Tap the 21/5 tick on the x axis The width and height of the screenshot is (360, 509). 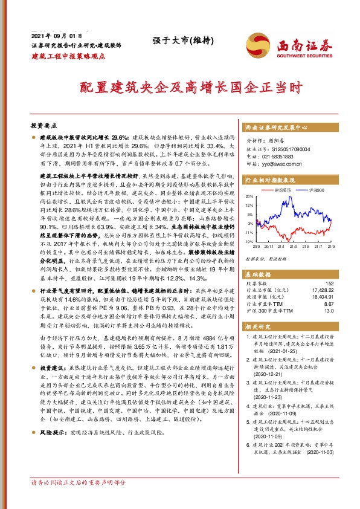point(306,246)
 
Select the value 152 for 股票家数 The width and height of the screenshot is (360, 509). point(329,283)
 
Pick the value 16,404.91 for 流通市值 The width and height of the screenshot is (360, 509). point(321,297)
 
